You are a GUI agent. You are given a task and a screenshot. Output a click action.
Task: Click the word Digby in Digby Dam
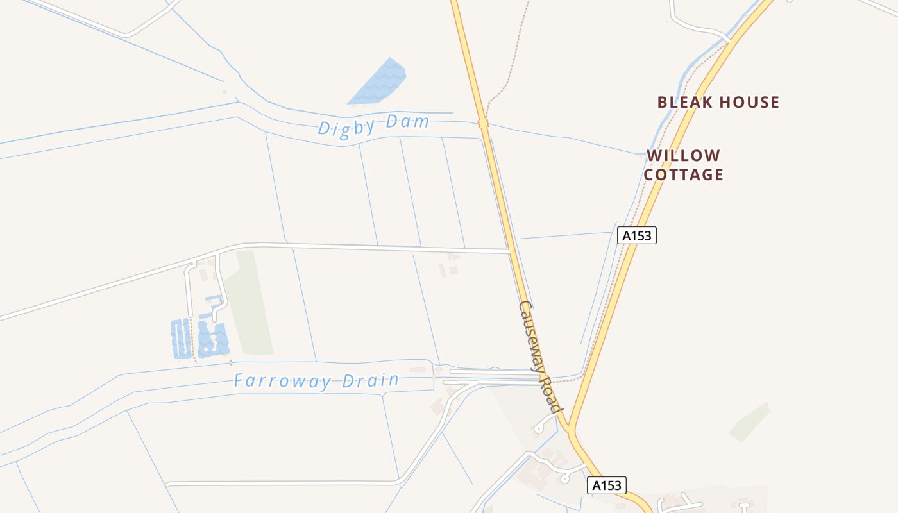coord(346,126)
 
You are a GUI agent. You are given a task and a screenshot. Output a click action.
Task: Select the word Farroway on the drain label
coord(283,381)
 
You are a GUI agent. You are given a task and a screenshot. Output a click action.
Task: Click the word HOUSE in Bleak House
coord(748,102)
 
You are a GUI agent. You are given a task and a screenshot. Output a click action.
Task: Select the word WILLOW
coord(683,155)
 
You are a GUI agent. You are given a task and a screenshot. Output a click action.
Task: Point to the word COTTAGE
coord(683,174)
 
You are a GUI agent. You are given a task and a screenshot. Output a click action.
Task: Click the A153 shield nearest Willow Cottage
coord(636,235)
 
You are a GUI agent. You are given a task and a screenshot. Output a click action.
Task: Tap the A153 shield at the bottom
coord(606,485)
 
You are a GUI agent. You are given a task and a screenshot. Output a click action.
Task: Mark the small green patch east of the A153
coord(749,423)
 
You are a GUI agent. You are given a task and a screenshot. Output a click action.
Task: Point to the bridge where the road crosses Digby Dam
coord(483,123)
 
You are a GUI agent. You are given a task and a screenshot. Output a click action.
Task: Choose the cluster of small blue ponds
coord(200,338)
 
